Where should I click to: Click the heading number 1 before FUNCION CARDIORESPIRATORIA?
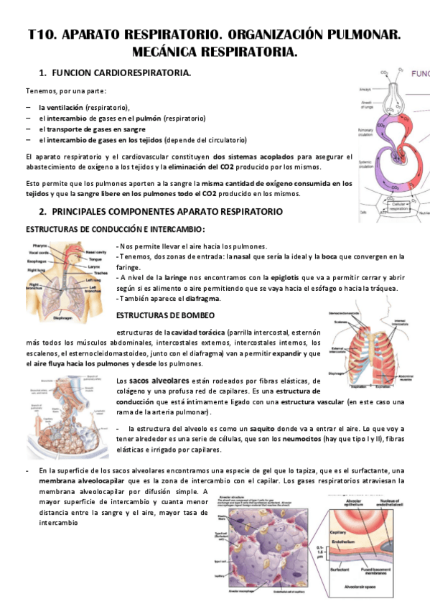(x=42, y=73)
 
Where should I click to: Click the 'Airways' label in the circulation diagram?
(x=365, y=90)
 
